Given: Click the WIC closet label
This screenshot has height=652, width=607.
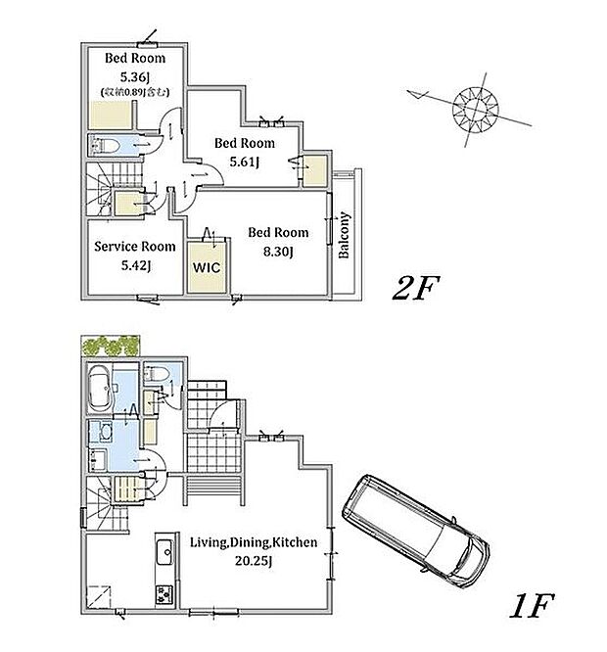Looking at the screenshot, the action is coord(207,267).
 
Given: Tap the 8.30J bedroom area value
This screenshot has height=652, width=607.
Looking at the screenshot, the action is coord(278,252).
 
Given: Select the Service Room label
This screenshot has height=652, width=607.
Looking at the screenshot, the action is coord(135,246).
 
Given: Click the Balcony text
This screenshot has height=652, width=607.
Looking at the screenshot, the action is coord(345,235).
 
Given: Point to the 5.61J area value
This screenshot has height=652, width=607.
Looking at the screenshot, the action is coord(245,162).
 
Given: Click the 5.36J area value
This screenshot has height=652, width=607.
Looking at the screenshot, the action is coord(135,76).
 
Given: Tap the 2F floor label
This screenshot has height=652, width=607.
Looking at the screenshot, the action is coord(415,288).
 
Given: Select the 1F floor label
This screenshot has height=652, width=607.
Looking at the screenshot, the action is coord(531,606).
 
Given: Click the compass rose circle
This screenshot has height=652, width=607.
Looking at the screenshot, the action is coord(475,109).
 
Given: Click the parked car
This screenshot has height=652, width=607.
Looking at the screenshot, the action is coord(416,531).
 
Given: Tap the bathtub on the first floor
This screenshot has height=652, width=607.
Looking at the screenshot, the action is coord(99,388).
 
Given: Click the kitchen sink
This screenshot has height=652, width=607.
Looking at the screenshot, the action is coord(165,552).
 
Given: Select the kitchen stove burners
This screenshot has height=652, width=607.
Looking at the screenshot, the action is coord(163,594).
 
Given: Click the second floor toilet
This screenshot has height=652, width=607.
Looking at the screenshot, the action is coord(105,145).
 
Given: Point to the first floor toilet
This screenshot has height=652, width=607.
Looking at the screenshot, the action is coord(157,374).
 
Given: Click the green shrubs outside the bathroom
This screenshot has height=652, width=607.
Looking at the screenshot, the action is coord(110,346).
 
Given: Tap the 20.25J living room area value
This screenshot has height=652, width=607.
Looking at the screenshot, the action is coord(254,561).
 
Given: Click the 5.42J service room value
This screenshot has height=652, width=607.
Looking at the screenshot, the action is coord(136,265).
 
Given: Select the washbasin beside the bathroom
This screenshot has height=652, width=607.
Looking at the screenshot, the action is coord(106,432).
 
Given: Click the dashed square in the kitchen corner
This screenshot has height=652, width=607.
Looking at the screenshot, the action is coord(99,596).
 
